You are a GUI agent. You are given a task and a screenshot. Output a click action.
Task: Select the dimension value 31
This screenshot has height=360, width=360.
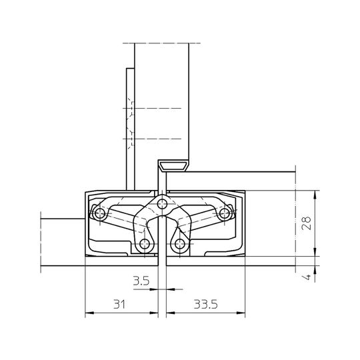tap(119, 304)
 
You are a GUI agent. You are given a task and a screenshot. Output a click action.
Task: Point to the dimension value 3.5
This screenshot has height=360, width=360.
tap(141, 281)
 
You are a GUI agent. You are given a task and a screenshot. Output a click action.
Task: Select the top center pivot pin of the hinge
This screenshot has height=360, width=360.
tap(161, 203)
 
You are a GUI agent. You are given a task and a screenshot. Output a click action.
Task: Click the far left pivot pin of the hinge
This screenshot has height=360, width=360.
tap(100, 213)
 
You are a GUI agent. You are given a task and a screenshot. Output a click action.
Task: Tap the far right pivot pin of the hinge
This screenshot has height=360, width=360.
tap(225, 213)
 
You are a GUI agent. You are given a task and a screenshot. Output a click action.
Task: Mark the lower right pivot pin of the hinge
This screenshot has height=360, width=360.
tap(179, 245)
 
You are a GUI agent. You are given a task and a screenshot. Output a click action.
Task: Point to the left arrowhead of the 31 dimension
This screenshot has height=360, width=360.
tap(88, 313)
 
